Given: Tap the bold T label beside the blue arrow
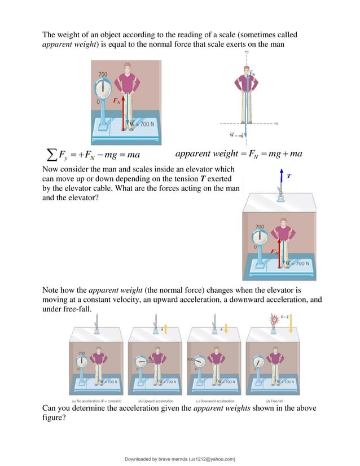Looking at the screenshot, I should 289,176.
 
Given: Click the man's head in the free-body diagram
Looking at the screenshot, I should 247,71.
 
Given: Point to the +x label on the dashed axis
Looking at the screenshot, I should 275,122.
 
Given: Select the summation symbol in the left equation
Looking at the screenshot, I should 50,154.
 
